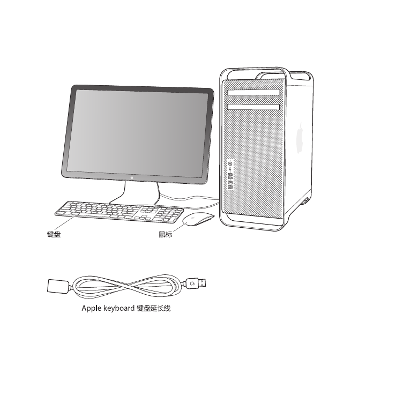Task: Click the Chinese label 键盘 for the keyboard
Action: click(x=54, y=234)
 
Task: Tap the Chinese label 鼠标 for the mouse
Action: click(x=166, y=234)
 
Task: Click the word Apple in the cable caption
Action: click(x=92, y=309)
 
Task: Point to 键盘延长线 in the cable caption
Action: click(x=154, y=309)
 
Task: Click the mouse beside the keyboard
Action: click(x=198, y=219)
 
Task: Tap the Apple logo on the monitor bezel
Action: click(x=132, y=177)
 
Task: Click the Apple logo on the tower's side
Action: click(x=300, y=138)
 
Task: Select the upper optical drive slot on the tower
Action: click(x=253, y=93)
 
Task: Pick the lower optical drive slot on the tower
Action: click(x=253, y=107)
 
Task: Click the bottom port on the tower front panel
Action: click(x=230, y=187)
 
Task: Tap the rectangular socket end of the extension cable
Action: click(x=58, y=286)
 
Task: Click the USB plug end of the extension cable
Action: click(x=197, y=283)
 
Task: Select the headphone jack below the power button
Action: click(x=230, y=169)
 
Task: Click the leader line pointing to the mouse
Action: click(x=180, y=227)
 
